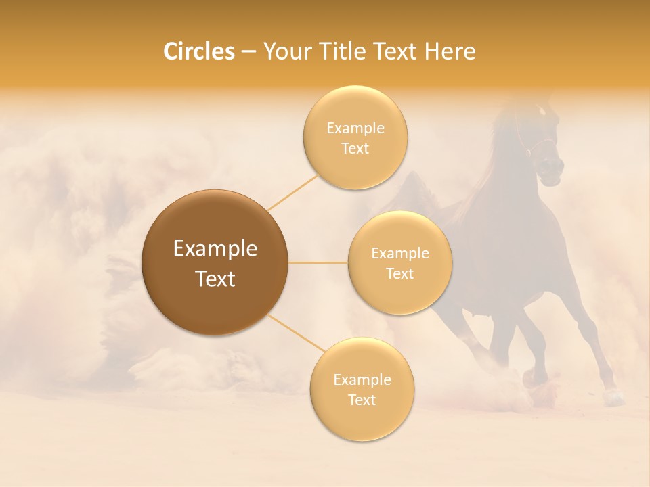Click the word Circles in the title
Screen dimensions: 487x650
(199, 51)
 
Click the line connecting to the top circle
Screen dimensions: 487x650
(292, 192)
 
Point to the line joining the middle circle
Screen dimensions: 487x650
(318, 262)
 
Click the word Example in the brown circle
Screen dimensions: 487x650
(215, 249)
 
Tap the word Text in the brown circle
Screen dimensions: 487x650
(215, 279)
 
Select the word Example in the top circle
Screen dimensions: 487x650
(355, 128)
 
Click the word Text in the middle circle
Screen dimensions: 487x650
(399, 274)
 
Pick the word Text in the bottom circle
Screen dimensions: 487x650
(362, 400)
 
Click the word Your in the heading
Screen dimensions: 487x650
(284, 51)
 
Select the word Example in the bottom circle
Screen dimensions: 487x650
(362, 379)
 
